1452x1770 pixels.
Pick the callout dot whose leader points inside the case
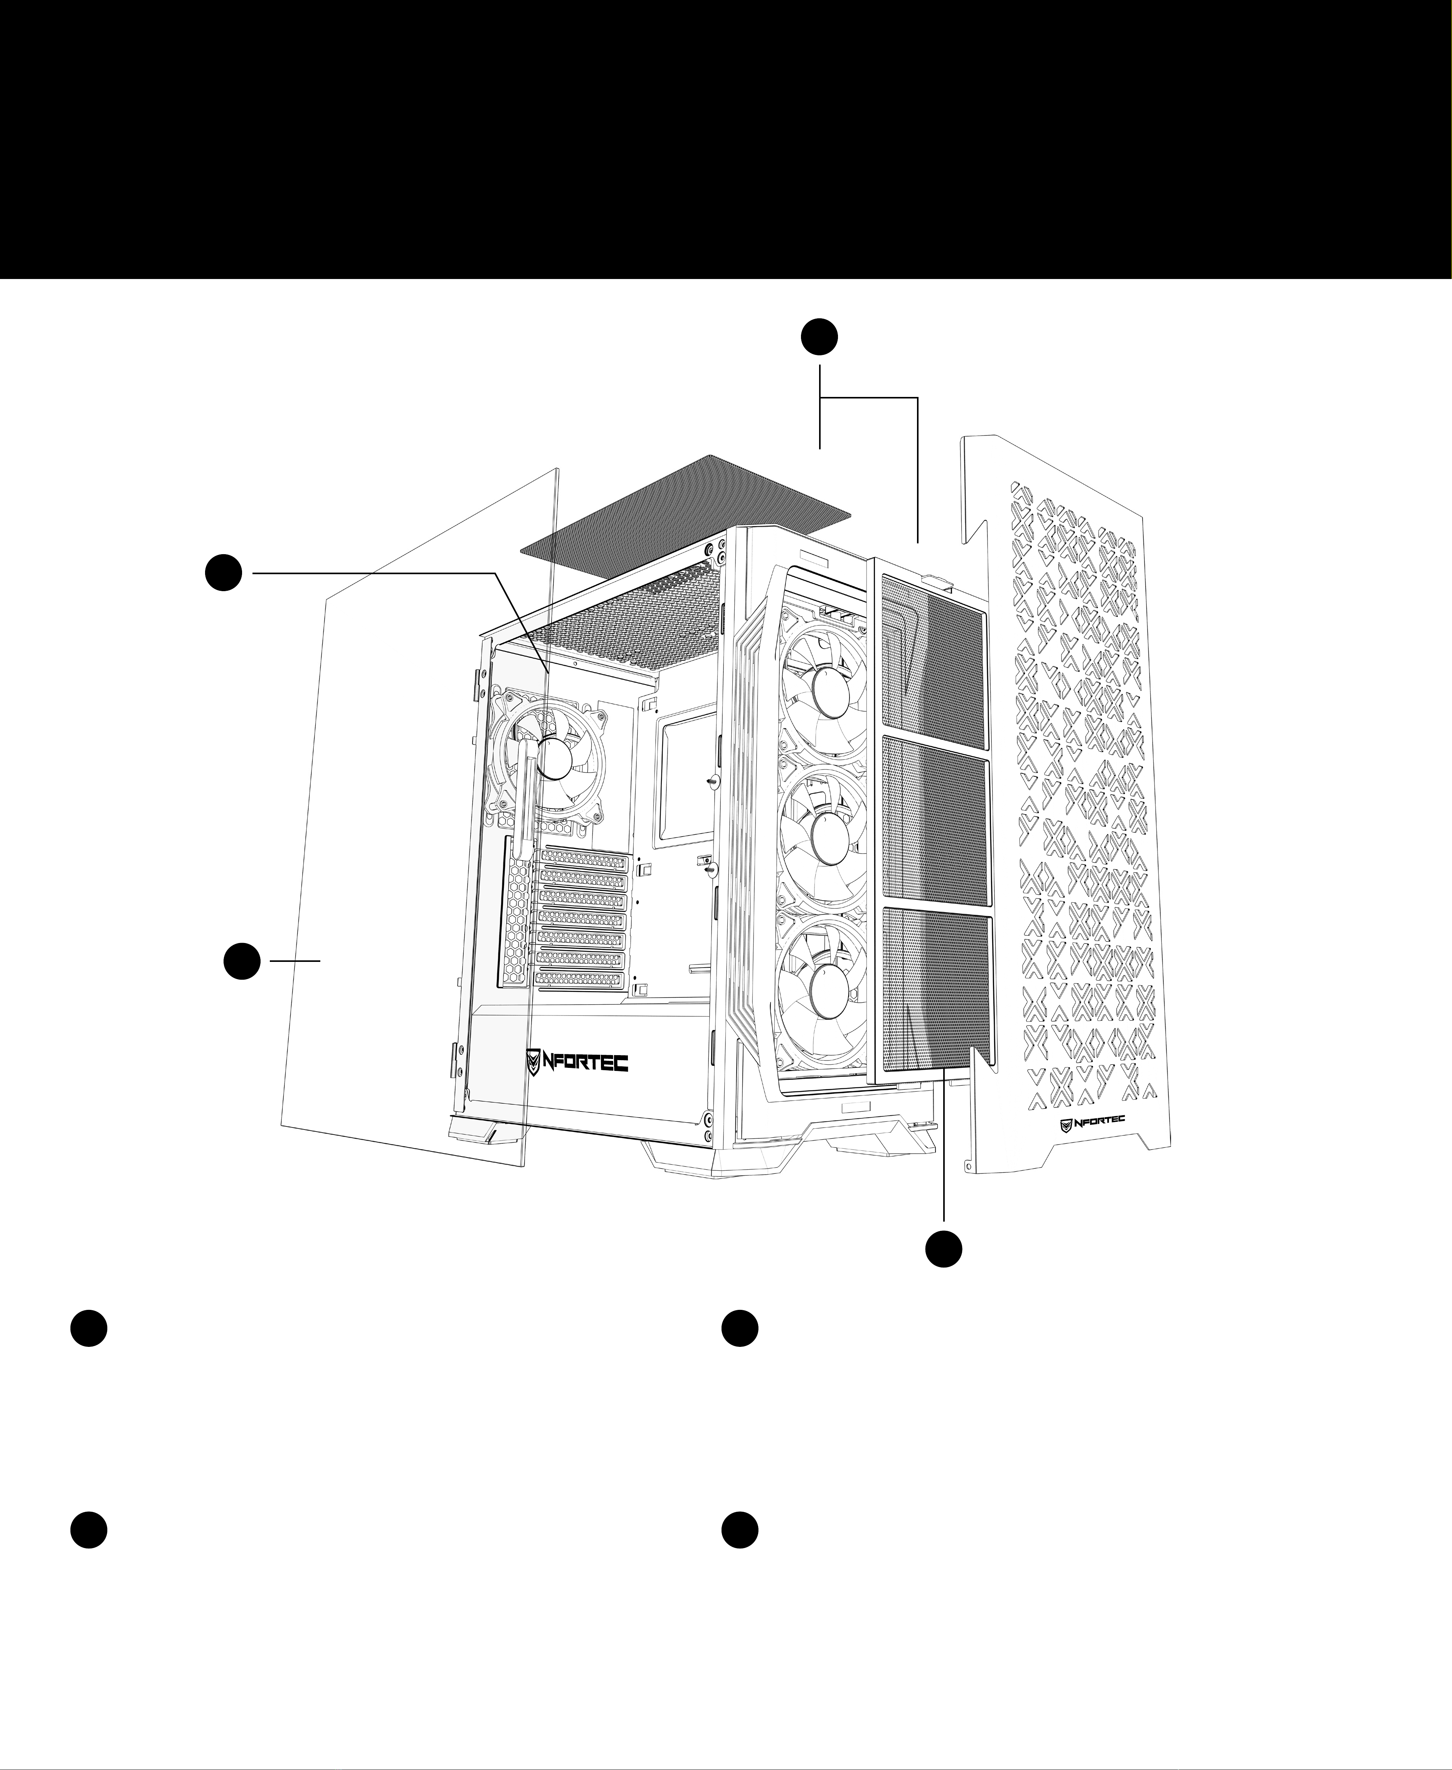[x=224, y=573]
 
